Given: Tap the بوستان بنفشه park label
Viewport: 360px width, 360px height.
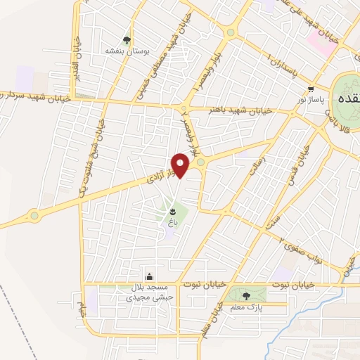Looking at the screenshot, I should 124,51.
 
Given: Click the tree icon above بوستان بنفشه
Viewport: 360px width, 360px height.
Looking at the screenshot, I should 127,40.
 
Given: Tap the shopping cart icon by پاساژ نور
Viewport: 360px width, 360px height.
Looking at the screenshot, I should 311,89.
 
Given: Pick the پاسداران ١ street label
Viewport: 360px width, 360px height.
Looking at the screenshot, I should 271,62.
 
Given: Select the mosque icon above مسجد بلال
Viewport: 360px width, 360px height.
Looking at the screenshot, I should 148,276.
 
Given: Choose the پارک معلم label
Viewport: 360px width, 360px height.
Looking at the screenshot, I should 246,307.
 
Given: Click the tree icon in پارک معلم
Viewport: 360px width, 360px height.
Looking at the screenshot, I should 245,296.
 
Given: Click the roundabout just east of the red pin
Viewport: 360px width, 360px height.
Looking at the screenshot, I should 200,162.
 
